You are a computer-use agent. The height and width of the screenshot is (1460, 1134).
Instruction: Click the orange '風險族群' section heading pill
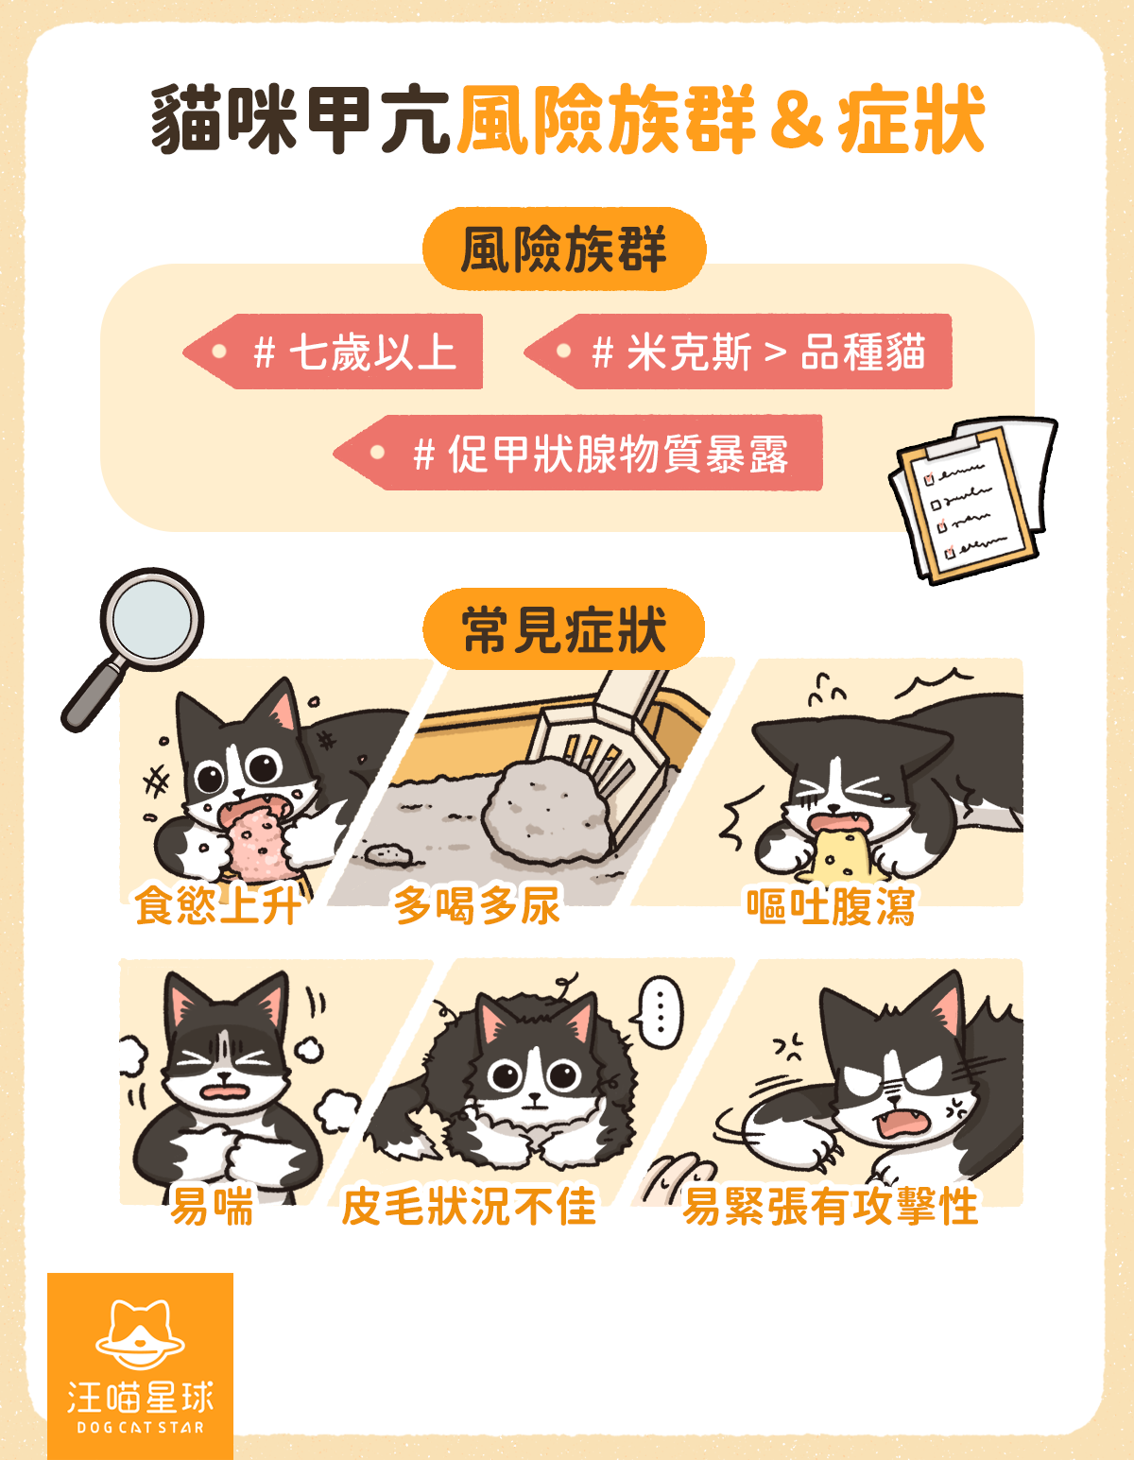pyautogui.click(x=564, y=249)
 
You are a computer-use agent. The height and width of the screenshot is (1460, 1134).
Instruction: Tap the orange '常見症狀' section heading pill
pyautogui.click(x=564, y=629)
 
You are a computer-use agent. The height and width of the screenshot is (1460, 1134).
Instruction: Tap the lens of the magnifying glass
pyautogui.click(x=151, y=620)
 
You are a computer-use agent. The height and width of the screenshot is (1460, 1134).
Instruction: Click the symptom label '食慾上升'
pyautogui.click(x=217, y=905)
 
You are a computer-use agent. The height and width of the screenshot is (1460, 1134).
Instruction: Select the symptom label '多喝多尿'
pyautogui.click(x=477, y=905)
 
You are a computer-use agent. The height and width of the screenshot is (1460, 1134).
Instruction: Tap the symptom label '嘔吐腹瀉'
pyautogui.click(x=831, y=905)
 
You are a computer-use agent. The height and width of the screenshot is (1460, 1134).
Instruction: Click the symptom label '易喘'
pyautogui.click(x=212, y=1207)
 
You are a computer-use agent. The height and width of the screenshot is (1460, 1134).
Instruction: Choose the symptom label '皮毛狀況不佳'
pyautogui.click(x=469, y=1207)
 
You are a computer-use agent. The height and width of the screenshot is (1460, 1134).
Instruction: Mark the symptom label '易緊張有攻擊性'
pyautogui.click(x=831, y=1207)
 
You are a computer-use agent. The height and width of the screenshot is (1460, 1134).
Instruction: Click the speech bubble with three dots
pyautogui.click(x=659, y=1012)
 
